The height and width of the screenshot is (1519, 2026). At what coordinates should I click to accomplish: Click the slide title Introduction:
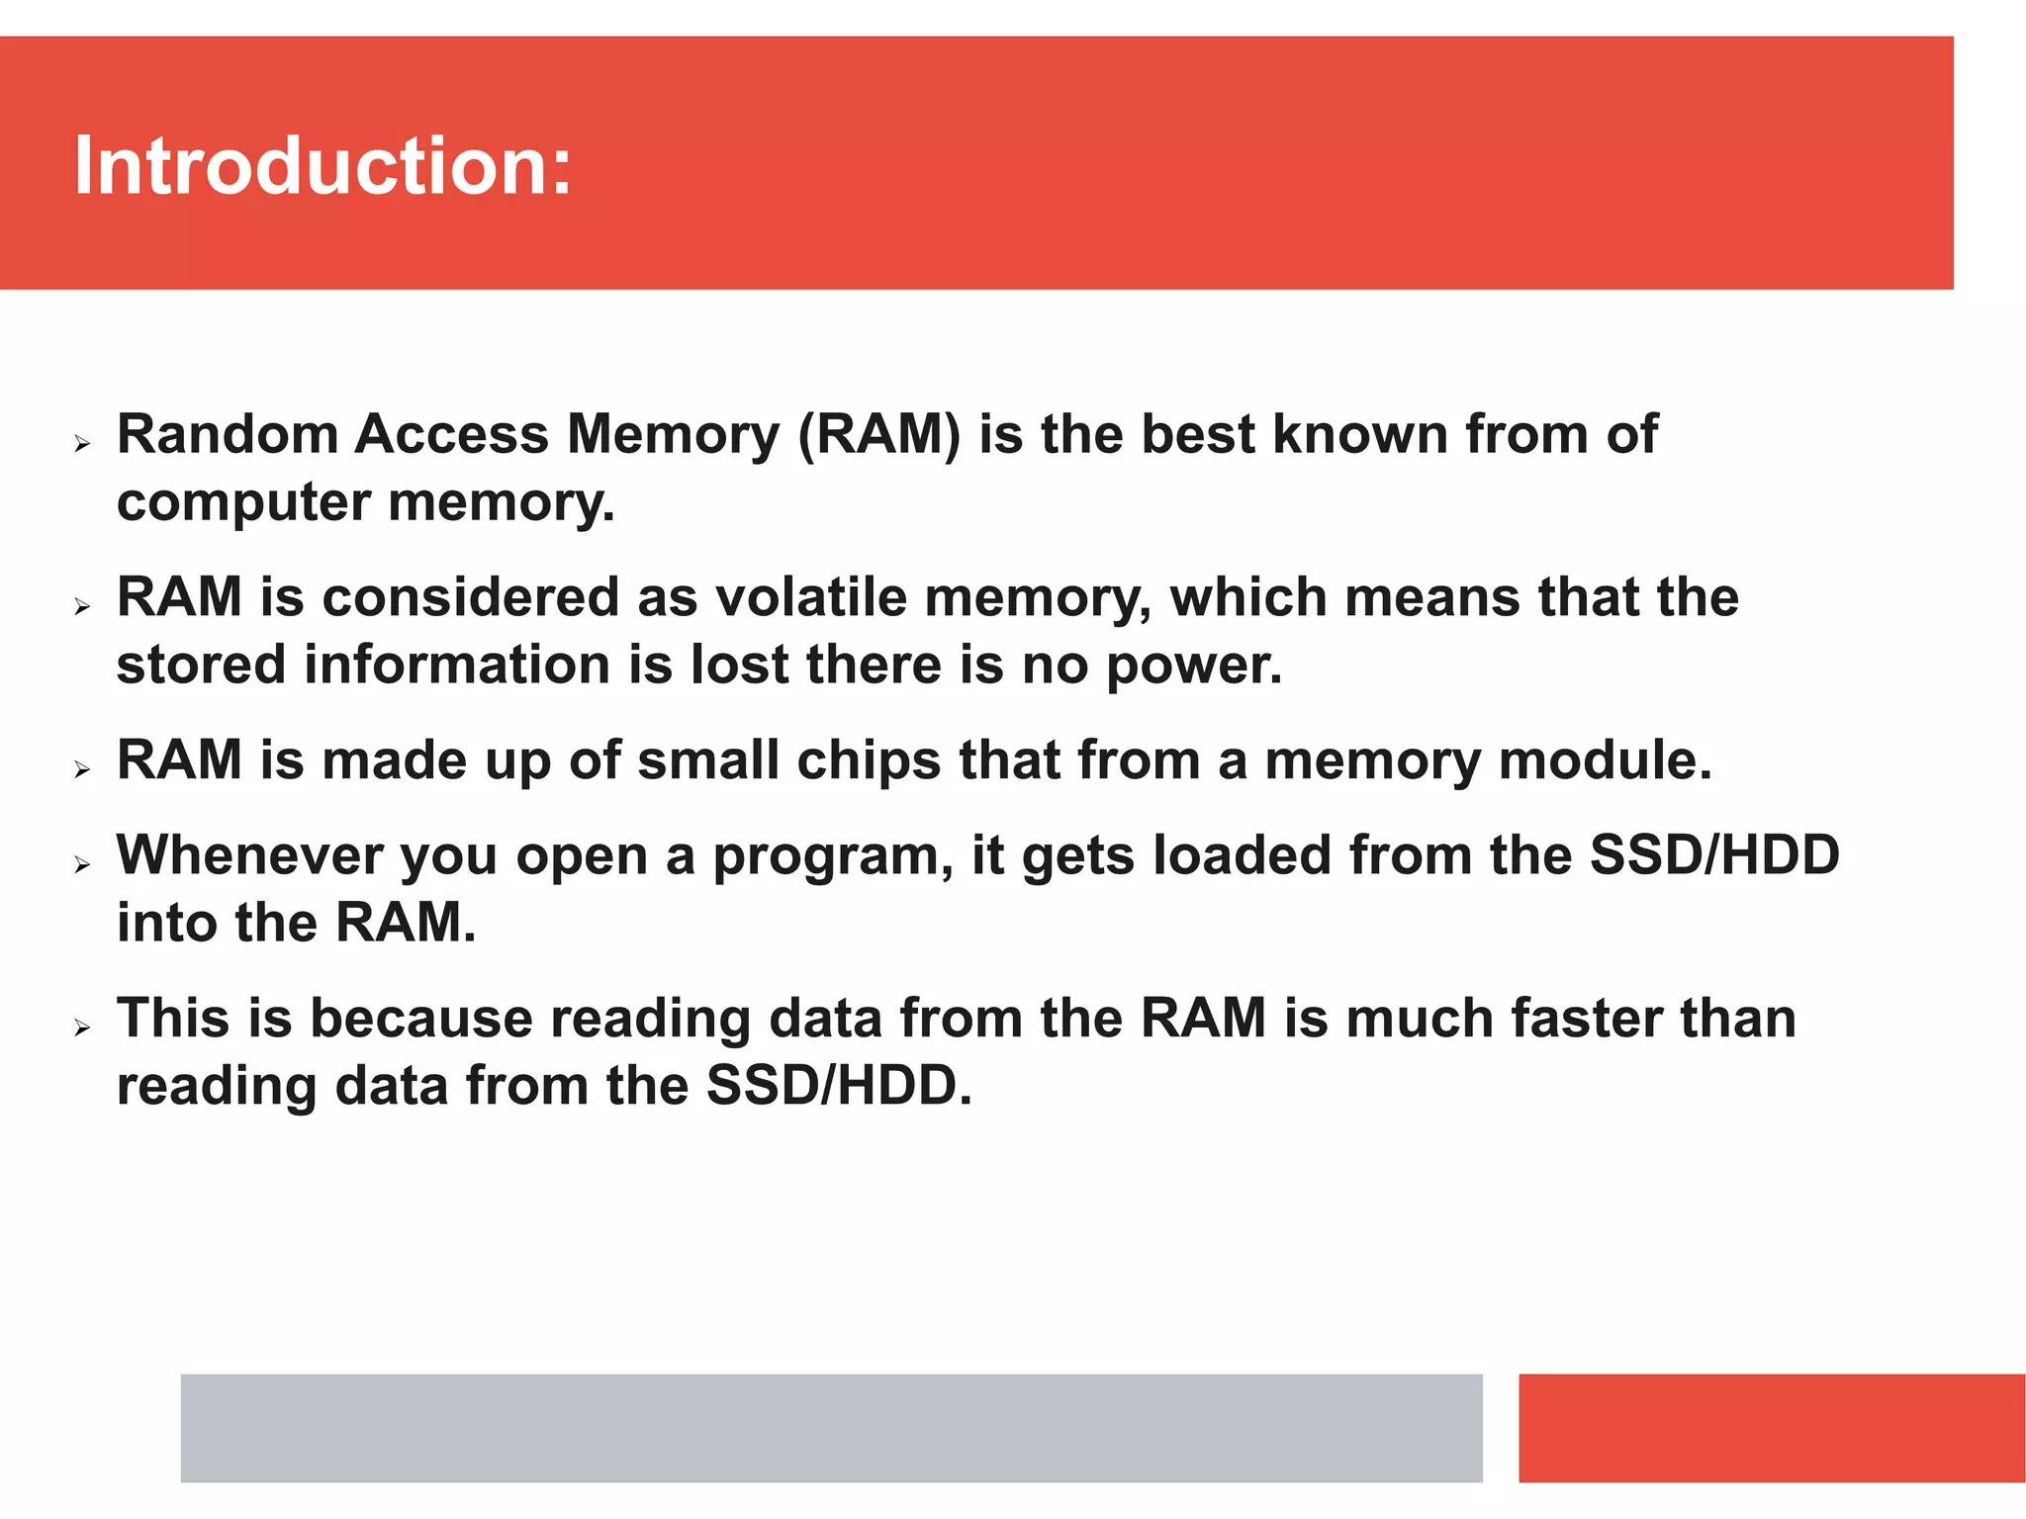point(322,165)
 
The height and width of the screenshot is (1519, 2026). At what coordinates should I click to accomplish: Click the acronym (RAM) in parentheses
point(878,435)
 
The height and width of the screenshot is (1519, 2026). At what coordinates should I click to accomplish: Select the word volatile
point(810,597)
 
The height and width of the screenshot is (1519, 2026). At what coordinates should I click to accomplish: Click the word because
point(421,1019)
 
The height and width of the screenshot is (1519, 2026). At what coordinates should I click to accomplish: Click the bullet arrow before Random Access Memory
point(82,444)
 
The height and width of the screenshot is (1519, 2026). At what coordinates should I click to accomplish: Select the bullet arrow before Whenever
point(82,865)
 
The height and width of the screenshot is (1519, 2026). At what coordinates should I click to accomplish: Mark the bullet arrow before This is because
point(82,1028)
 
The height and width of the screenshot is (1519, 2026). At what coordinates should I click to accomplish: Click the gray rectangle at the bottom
point(831,1427)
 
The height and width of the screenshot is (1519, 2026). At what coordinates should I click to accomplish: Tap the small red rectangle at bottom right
point(1771,1427)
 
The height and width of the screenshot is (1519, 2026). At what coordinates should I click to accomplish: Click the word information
point(456,665)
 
